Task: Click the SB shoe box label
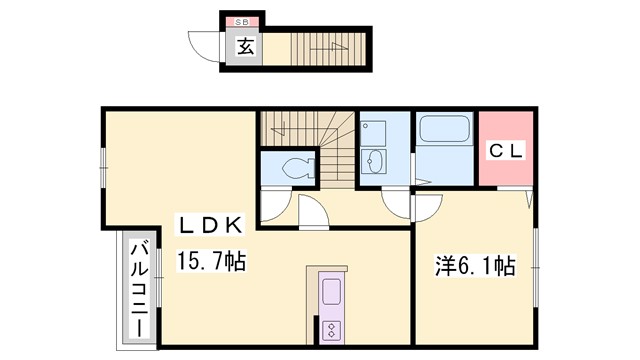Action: pyautogui.click(x=243, y=21)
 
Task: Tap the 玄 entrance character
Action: pyautogui.click(x=244, y=45)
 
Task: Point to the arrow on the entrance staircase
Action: pyautogui.click(x=331, y=47)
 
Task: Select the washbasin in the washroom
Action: pyautogui.click(x=375, y=161)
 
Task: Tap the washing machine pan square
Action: pyautogui.click(x=373, y=131)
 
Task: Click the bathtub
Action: pyautogui.click(x=444, y=129)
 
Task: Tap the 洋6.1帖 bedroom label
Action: pyautogui.click(x=474, y=266)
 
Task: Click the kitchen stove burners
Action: pyautogui.click(x=332, y=330)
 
